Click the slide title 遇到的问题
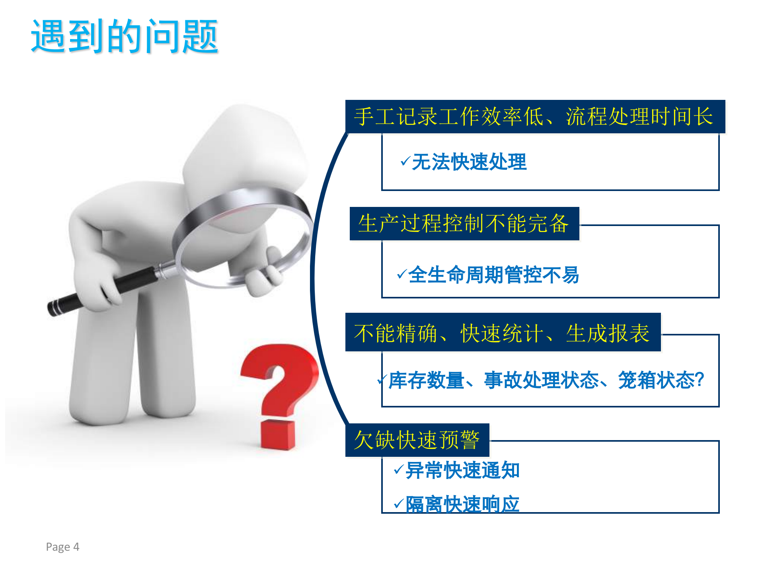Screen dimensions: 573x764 [x=125, y=37]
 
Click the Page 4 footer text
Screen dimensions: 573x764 [x=62, y=547]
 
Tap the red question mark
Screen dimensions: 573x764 [x=281, y=382]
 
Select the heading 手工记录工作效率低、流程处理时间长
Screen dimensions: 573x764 [x=534, y=117]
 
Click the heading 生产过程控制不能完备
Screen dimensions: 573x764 [x=464, y=224]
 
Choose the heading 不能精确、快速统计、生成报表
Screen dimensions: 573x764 [x=502, y=333]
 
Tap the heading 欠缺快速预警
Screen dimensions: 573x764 [x=417, y=440]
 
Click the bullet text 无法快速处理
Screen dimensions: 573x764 [x=469, y=162]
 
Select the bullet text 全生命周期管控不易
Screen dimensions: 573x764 [x=493, y=275]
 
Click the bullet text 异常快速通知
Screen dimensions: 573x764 [x=462, y=470]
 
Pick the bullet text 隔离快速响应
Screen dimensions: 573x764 [x=462, y=505]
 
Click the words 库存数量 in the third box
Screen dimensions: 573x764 [x=426, y=380]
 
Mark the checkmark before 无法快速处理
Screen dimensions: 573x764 [x=405, y=161]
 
